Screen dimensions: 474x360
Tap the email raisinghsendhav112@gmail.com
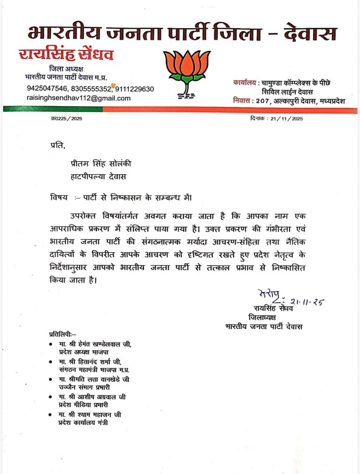pos(78,98)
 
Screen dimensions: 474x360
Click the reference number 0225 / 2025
pos(68,118)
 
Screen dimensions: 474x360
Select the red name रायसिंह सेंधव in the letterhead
pos(66,55)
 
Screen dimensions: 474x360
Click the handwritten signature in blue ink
pos(269,295)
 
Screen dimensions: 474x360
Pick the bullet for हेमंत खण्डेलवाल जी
pos(50,345)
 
